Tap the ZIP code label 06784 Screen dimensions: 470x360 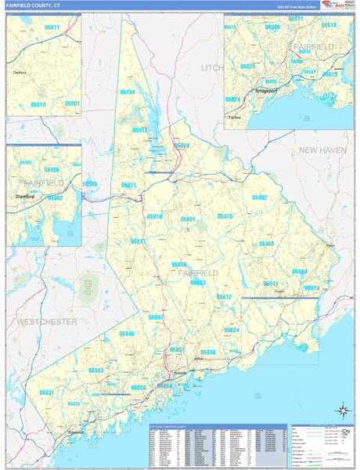tap(128, 92)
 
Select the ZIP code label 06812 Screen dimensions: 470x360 tap(140, 130)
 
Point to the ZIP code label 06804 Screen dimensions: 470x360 tap(182, 146)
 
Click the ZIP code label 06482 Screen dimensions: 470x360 tap(259, 197)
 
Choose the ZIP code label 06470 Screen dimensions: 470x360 tap(225, 216)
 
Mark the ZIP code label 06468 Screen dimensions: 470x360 tap(267, 244)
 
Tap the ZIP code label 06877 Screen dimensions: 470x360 tap(138, 241)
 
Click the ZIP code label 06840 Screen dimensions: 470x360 tap(127, 334)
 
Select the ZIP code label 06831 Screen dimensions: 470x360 tap(47, 392)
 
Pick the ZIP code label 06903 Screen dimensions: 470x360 tap(95, 370)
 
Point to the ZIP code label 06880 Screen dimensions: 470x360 tap(207, 352)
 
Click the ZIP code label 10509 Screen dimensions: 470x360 tap(90, 184)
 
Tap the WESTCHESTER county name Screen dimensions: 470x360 tap(47, 322)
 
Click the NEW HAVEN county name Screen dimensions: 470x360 tap(322, 149)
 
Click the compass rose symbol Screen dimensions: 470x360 tap(341, 410)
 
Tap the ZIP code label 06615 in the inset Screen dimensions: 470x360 tap(330, 74)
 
